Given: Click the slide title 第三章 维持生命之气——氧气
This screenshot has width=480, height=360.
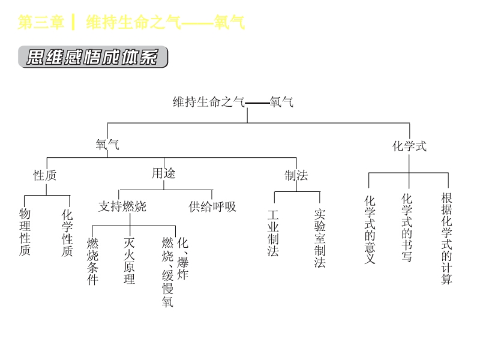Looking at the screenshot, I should [131, 23].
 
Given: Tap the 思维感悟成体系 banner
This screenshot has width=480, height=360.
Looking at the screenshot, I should [93, 58].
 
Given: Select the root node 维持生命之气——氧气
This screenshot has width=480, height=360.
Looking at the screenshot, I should [233, 102].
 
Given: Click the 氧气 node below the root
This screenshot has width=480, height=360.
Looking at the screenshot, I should [107, 145].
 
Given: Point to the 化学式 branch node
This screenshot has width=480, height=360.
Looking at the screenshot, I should [409, 146].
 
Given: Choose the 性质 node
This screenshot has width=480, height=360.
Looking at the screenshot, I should [45, 175].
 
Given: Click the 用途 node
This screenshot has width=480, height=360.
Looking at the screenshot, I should [163, 174].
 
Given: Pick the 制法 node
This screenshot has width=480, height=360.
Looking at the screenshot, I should [296, 175].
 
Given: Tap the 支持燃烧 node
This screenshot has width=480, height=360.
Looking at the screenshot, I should [122, 207].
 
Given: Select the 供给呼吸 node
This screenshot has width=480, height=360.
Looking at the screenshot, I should [212, 207].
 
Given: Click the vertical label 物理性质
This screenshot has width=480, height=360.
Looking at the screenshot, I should [25, 232].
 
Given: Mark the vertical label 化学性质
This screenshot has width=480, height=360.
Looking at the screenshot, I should [67, 232].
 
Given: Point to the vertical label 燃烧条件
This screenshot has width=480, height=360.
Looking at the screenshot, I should [92, 261].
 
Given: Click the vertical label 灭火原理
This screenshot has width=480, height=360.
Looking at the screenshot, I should [129, 261].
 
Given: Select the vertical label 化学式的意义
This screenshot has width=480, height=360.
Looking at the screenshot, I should [370, 230].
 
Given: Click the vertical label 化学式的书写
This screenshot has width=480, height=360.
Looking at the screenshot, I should [407, 228].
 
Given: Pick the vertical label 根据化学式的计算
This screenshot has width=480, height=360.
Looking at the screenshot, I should [446, 238].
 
